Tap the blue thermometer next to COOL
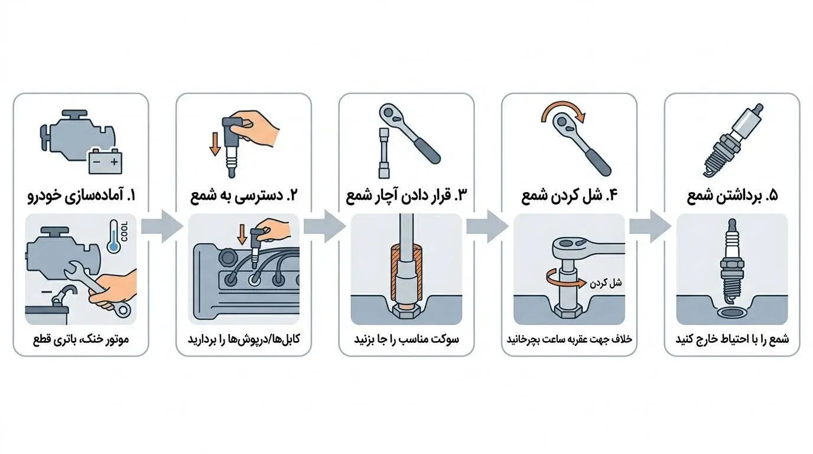(113, 236)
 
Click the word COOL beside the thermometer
(125, 231)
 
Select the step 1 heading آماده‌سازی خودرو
(82, 196)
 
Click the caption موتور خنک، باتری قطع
(81, 339)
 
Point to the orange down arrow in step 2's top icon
(215, 144)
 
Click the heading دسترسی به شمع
(244, 196)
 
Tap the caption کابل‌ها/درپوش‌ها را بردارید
(244, 339)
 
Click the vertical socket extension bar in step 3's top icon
(384, 153)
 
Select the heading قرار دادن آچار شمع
(406, 196)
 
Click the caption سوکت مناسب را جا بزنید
(406, 339)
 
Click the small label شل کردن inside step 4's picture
(606, 283)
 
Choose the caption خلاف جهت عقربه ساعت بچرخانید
(570, 339)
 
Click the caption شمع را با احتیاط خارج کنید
(732, 339)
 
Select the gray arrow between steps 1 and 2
(162, 226)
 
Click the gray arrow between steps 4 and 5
(651, 226)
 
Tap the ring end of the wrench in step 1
(123, 310)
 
